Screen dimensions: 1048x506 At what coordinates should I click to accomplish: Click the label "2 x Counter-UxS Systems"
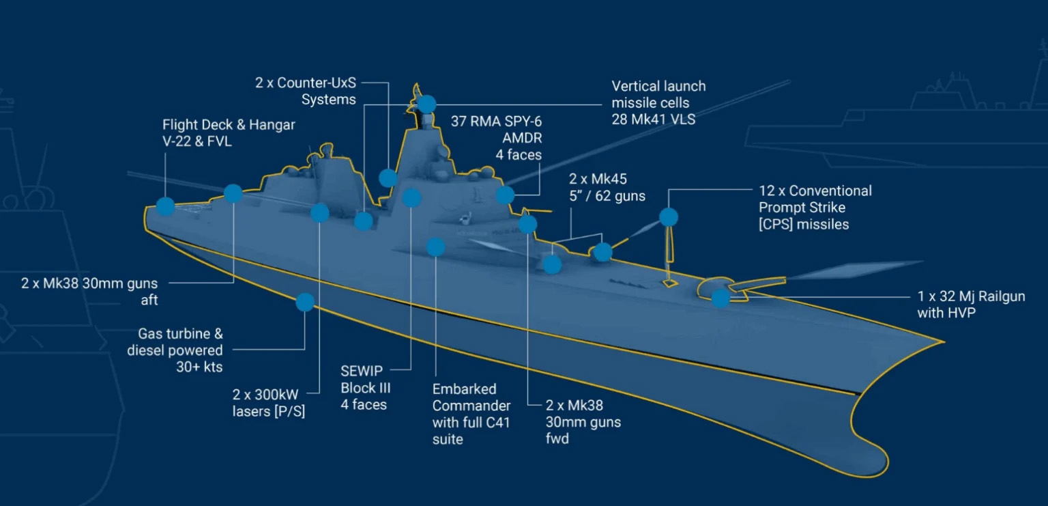point(306,91)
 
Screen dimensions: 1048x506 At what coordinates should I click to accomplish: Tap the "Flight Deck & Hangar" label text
point(229,124)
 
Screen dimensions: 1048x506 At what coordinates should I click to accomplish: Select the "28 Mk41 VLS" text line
point(653,120)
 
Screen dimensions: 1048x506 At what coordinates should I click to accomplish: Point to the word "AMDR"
point(522,138)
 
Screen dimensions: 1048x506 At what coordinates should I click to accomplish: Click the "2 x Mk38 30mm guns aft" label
point(89,291)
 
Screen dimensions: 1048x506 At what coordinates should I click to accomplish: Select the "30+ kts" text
point(199,367)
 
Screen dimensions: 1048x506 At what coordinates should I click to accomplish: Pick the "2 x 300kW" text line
point(265,395)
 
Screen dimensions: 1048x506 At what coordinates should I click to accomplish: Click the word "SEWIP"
point(362,371)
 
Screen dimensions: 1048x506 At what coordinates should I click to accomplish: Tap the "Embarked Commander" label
point(471,397)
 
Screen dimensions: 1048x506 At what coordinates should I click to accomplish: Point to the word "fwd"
point(557,438)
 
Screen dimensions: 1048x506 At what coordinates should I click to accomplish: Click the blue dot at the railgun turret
point(720,298)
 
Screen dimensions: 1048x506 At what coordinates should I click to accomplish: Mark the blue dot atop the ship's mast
point(426,104)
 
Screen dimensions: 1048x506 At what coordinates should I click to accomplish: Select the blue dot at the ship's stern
point(165,206)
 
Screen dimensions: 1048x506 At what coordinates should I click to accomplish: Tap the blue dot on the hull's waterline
point(305,303)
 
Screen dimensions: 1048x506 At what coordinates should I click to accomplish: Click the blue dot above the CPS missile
point(669,217)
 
